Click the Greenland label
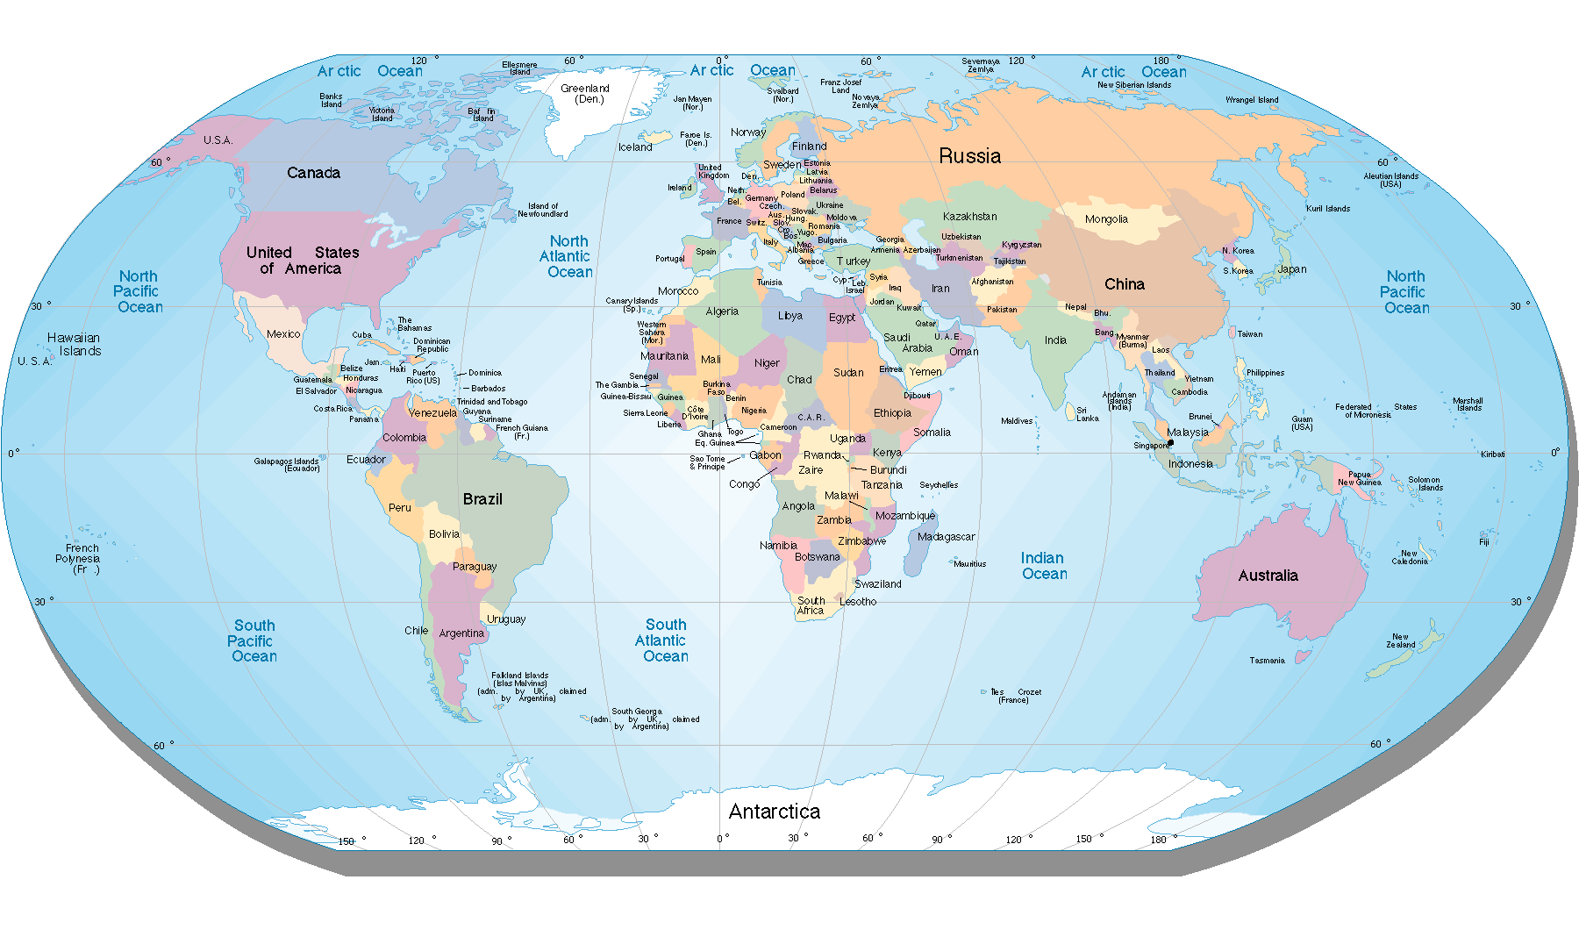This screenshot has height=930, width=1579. (x=585, y=93)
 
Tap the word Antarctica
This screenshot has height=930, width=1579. (x=774, y=812)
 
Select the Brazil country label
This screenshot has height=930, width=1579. (x=482, y=499)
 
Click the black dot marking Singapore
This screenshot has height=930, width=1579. (x=1170, y=443)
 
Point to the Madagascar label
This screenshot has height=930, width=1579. (x=946, y=537)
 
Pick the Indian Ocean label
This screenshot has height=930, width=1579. (x=1044, y=566)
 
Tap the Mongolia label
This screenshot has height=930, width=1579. (x=1106, y=219)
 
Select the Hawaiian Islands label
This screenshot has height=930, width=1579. (x=75, y=344)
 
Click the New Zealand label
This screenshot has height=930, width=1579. (x=1400, y=640)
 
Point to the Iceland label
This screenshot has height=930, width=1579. (x=635, y=147)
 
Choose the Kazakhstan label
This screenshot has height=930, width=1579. (x=969, y=217)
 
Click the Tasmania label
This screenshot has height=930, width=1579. (x=1267, y=661)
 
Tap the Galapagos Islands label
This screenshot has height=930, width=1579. (x=287, y=464)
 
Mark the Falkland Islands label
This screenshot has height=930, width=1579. (x=519, y=679)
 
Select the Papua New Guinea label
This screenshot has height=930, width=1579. (x=1359, y=478)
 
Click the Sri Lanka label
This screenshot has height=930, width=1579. (x=1087, y=414)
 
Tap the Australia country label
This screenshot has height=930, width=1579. (x=1268, y=576)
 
